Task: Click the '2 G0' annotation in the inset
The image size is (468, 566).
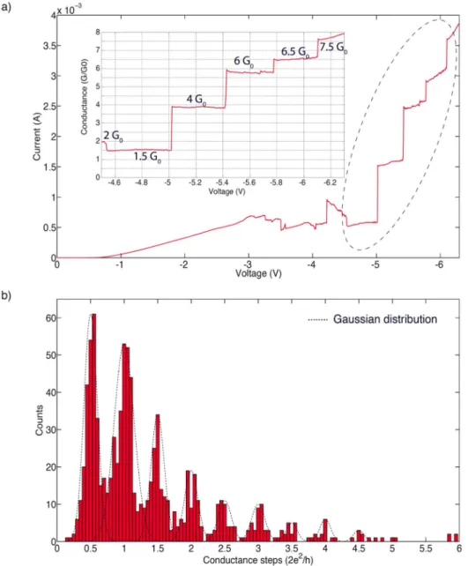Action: [114, 136]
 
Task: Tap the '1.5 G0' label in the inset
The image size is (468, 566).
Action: [147, 157]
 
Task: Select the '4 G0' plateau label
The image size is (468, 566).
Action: [197, 100]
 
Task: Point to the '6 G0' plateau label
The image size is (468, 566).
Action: [243, 62]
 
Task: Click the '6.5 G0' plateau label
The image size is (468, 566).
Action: [295, 52]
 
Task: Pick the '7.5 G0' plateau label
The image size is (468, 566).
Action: [334, 48]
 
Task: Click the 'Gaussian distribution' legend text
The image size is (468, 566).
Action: [385, 319]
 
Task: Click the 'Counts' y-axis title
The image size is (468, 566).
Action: [39, 421]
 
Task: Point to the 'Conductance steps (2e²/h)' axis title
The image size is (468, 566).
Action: [258, 559]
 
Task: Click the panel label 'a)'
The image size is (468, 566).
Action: [7, 7]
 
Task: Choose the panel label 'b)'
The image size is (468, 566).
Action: [7, 295]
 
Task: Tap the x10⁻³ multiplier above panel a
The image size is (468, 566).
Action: [69, 10]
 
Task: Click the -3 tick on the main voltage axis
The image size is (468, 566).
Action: [248, 264]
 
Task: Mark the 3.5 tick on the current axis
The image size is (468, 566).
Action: [46, 46]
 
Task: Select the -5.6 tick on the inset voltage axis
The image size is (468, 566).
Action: [249, 182]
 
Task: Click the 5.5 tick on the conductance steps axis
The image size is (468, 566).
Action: [426, 548]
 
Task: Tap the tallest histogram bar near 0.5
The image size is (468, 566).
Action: [93, 428]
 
